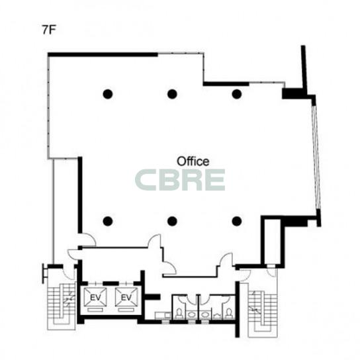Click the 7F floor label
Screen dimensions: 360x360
click(49, 30)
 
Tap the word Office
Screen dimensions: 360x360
click(193, 161)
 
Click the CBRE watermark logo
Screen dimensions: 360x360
click(180, 180)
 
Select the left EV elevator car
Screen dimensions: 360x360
click(95, 297)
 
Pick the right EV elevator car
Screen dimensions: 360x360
click(126, 297)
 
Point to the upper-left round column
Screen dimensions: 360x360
click(108, 94)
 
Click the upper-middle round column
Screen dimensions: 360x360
click(172, 94)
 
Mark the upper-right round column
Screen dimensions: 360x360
click(237, 94)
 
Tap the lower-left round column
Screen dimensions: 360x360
click(108, 221)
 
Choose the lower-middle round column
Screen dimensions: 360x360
click(172, 221)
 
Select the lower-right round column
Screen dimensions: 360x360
click(237, 221)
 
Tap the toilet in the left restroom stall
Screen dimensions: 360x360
click(179, 314)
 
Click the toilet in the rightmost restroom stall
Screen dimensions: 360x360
click(229, 314)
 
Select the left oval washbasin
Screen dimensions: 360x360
click(191, 314)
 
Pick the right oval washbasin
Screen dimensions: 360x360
click(204, 314)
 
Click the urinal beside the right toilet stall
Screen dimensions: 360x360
click(217, 316)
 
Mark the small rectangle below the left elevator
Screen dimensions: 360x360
click(95, 310)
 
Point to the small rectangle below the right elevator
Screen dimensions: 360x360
click(126, 310)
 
